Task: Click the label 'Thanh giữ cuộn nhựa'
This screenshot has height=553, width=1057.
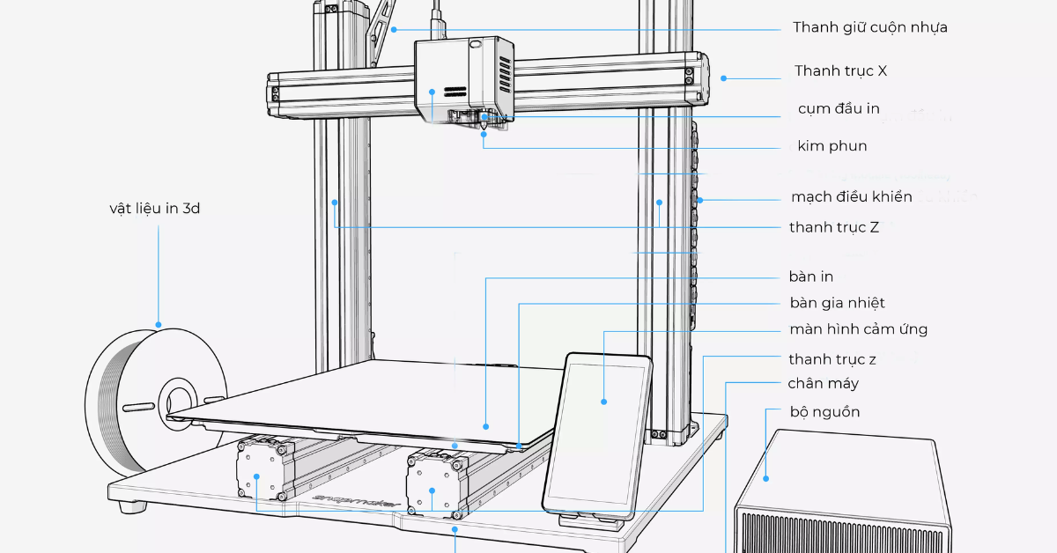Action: pyautogui.click(x=869, y=27)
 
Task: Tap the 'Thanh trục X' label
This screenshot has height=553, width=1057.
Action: pyautogui.click(x=840, y=70)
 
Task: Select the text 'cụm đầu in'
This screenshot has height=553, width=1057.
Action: pyautogui.click(x=838, y=109)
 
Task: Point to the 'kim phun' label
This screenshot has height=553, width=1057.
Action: pyautogui.click(x=832, y=146)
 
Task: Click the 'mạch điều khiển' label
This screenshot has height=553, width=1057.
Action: pyautogui.click(x=851, y=196)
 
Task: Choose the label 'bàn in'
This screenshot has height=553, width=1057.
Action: pyautogui.click(x=811, y=276)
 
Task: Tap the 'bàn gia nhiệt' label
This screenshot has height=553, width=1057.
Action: pyautogui.click(x=837, y=303)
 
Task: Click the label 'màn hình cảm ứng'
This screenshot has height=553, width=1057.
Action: pyautogui.click(x=858, y=329)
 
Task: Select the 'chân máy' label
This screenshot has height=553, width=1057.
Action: pyautogui.click(x=823, y=383)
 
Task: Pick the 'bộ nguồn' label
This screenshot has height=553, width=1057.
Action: pyautogui.click(x=824, y=411)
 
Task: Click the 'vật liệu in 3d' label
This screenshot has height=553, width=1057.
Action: pyautogui.click(x=154, y=209)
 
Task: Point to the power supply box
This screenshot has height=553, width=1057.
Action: pyautogui.click(x=841, y=493)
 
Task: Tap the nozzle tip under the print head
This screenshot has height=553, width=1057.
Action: pyautogui.click(x=484, y=129)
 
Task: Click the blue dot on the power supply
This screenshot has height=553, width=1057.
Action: pyautogui.click(x=766, y=478)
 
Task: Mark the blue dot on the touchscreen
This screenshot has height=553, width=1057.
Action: pyautogui.click(x=604, y=402)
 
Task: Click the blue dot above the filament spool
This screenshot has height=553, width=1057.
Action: pyautogui.click(x=159, y=324)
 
